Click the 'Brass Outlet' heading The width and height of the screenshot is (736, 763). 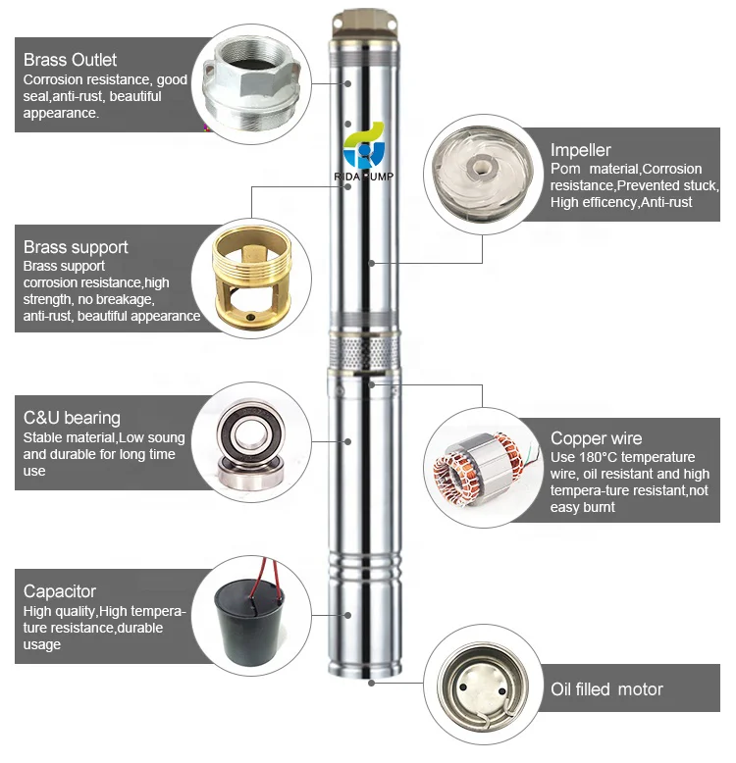(70, 60)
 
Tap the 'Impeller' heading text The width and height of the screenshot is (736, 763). (580, 150)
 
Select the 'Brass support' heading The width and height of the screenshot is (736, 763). (76, 247)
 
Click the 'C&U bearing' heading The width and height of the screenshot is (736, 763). (72, 418)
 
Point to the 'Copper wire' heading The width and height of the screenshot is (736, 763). (596, 438)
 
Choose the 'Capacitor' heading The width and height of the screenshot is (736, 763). (60, 591)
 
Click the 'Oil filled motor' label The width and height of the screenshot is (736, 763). (606, 689)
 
